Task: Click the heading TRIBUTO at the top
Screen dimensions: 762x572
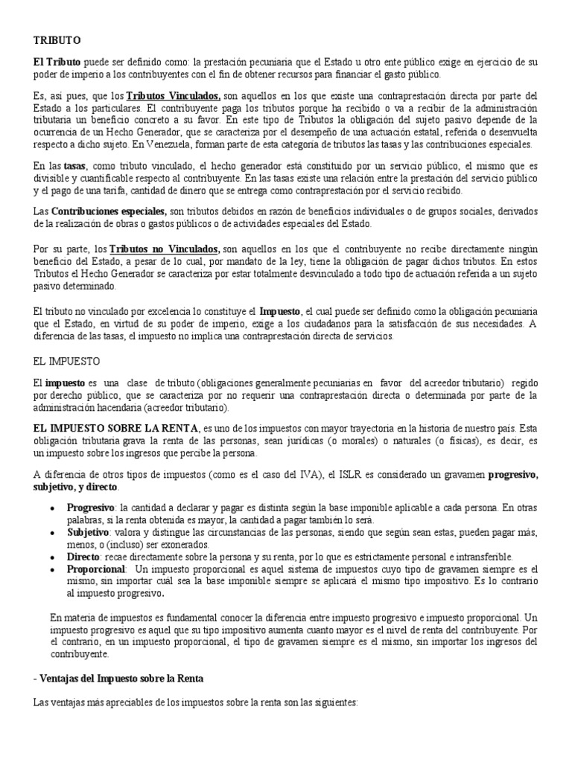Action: click(x=57, y=39)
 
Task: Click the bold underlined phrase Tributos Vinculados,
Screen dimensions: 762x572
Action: click(x=173, y=97)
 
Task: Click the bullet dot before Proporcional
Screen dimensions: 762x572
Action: click(x=51, y=569)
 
